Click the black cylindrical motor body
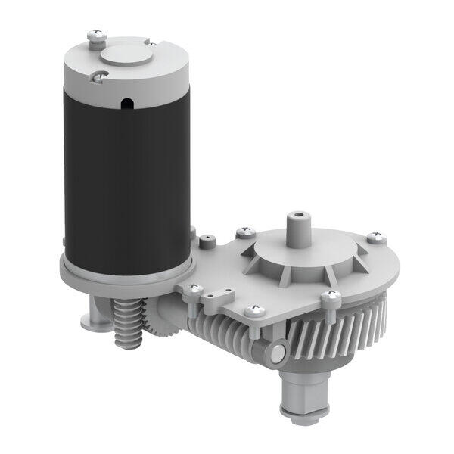click(125, 174)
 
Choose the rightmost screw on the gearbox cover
click(376, 238)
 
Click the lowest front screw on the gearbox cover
click(252, 309)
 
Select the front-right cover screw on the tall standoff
click(331, 295)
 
